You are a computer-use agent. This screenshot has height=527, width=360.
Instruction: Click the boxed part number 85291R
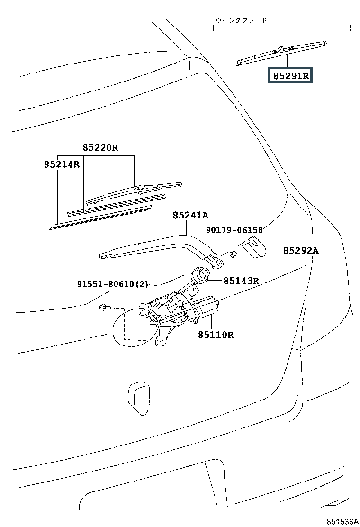[x=290, y=76]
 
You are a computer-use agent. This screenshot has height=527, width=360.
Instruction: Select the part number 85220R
[x=100, y=147]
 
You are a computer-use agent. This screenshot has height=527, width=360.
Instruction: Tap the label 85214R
[x=62, y=164]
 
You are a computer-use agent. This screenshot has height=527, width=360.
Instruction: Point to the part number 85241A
[x=190, y=215]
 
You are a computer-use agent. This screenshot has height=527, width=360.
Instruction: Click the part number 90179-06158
[x=234, y=230]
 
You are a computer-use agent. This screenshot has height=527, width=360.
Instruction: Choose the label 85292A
[x=301, y=250]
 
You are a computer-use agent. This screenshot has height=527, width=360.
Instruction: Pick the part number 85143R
[x=241, y=281]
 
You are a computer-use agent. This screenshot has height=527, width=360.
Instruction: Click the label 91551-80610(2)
[x=113, y=284]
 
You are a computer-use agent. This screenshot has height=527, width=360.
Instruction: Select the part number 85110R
[x=216, y=335]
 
